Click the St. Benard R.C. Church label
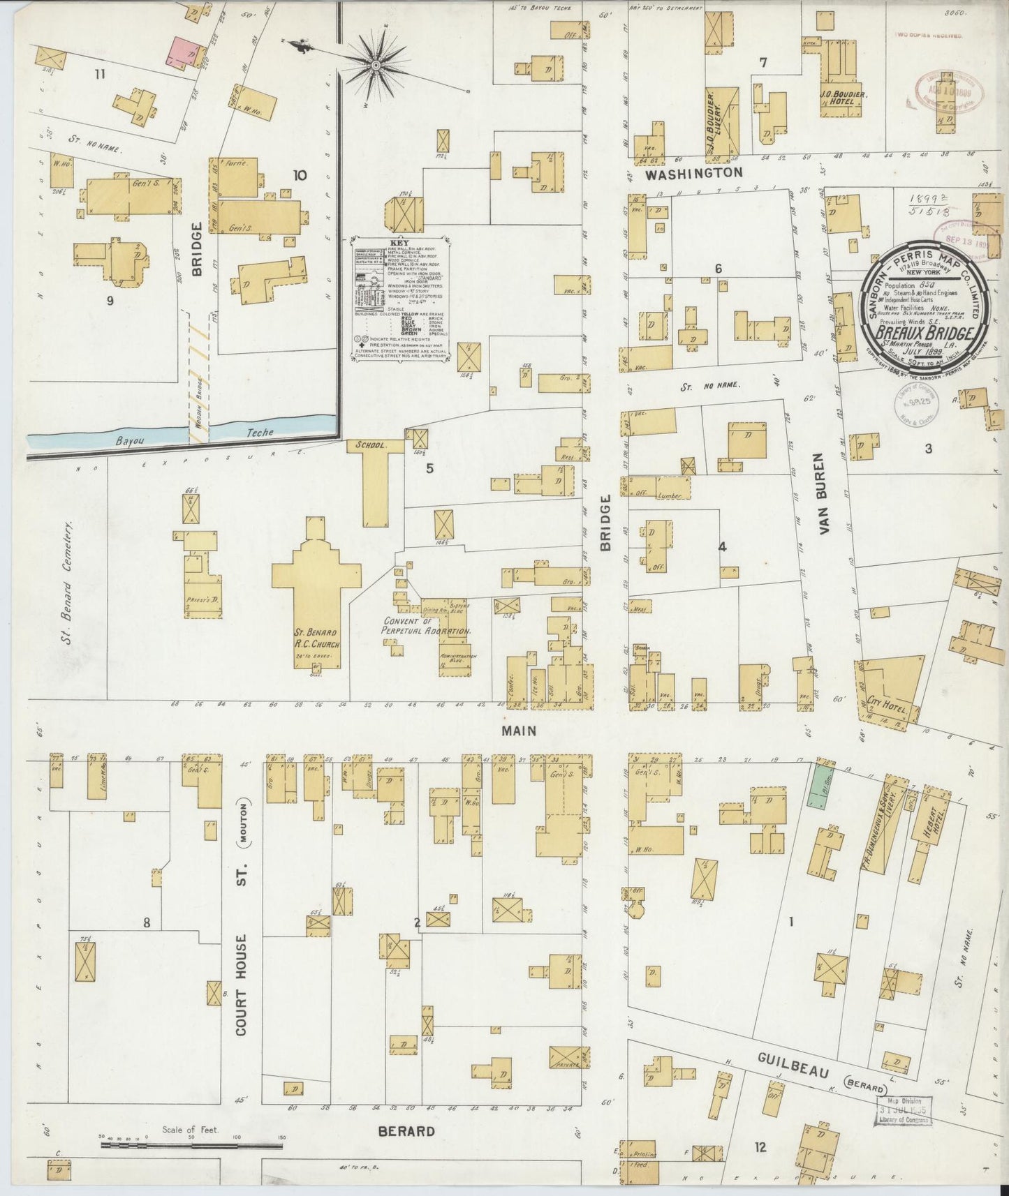[316, 640]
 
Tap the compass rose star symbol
[376, 66]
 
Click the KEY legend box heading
[400, 242]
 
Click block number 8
[147, 922]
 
